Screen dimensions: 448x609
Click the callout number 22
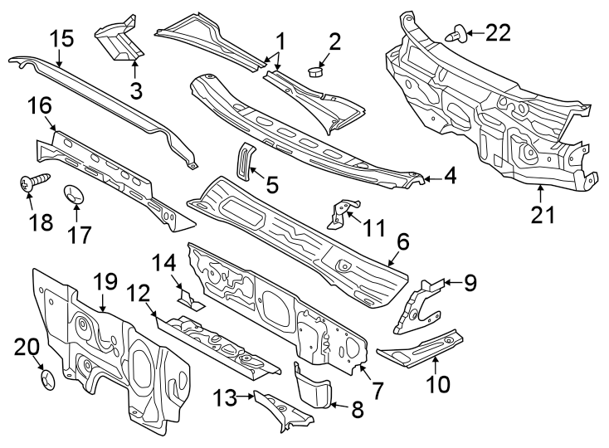(x=497, y=32)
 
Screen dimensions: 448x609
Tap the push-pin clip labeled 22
(x=455, y=34)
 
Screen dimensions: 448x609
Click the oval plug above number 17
(x=76, y=197)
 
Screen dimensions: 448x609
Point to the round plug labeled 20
(x=47, y=381)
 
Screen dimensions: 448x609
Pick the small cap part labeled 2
(x=315, y=71)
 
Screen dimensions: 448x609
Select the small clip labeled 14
(x=188, y=297)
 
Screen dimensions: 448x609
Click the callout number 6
(x=403, y=241)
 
